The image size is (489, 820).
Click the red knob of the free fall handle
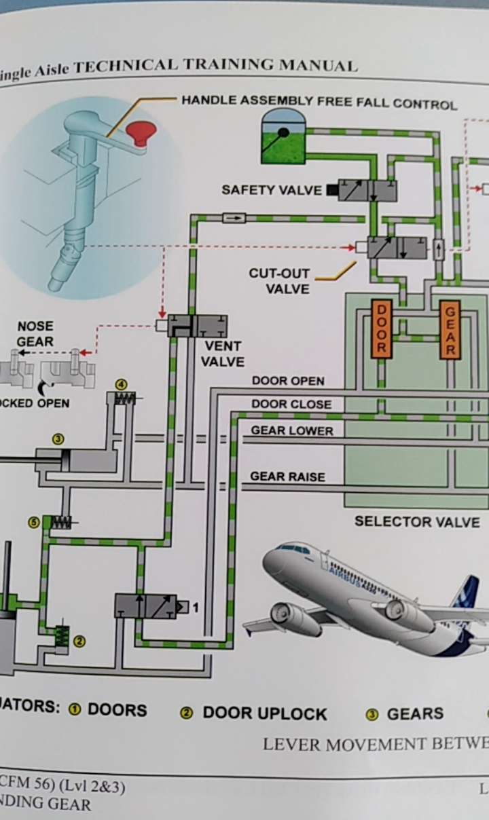coord(142,131)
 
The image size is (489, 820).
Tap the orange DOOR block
coord(381,329)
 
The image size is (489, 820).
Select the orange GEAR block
coord(449,329)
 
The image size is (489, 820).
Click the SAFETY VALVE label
coord(271,190)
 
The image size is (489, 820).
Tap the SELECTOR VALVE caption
coord(417,522)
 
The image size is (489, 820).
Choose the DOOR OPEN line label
coord(288,381)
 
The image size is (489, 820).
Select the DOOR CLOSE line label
coord(291,405)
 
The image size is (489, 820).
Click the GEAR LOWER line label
coord(292,431)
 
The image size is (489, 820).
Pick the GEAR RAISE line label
coord(287,477)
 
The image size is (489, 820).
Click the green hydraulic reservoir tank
coord(283,139)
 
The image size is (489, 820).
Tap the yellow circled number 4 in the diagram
coord(122,385)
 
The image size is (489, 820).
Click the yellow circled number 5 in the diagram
coord(33,522)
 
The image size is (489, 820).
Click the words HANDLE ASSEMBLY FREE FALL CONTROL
coord(319,103)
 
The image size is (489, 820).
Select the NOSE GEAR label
coord(35,334)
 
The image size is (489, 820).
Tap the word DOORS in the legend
coord(117,710)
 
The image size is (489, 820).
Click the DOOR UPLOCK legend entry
coord(264,713)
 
